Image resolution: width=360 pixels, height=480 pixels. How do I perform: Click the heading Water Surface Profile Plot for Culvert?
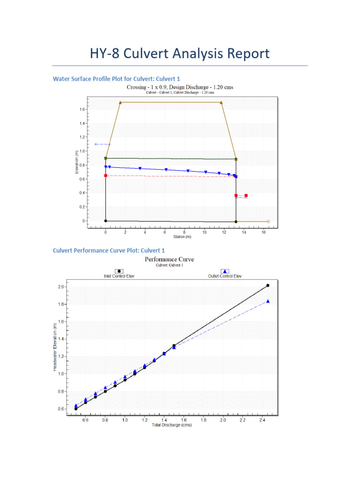tap(116, 79)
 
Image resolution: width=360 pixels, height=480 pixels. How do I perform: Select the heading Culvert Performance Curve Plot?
tap(109, 251)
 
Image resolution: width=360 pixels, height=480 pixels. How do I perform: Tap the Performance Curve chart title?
tap(169, 259)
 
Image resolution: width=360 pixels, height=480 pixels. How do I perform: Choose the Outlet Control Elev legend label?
tap(225, 276)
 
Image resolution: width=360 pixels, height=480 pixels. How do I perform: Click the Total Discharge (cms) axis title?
tap(172, 425)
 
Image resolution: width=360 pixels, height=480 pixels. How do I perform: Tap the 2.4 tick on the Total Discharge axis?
tap(262, 420)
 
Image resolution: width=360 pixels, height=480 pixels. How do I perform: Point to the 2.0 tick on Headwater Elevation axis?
tap(61, 287)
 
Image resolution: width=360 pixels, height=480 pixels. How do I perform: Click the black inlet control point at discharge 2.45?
tap(268, 285)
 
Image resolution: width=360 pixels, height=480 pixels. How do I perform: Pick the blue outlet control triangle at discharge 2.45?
tap(268, 301)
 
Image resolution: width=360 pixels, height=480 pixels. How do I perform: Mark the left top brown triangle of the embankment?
tap(120, 102)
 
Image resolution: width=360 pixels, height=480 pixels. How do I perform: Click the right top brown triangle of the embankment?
tap(221, 102)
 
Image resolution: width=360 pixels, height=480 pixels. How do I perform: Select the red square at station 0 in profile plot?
tap(105, 176)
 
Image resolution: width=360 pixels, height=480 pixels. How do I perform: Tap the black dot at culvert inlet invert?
tap(105, 221)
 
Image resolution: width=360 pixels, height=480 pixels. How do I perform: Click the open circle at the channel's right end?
tap(269, 221)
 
